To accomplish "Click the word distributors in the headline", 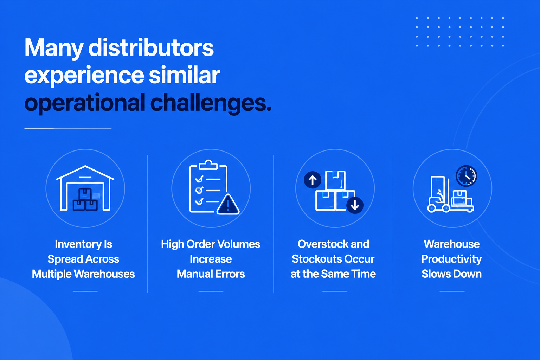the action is point(151,48).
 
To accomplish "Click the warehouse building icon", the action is point(85,188).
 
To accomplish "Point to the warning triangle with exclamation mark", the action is point(228,205).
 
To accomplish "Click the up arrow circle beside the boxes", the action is point(313,180).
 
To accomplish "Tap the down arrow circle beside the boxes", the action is point(355,205).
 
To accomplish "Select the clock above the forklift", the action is point(467,176).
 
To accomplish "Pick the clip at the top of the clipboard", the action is point(208,165).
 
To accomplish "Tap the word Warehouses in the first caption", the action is point(104,274).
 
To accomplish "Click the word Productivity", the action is point(451,259).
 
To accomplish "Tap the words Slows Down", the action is point(451,274).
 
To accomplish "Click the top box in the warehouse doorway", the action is point(85,194).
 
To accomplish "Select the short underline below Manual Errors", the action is point(211,291).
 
